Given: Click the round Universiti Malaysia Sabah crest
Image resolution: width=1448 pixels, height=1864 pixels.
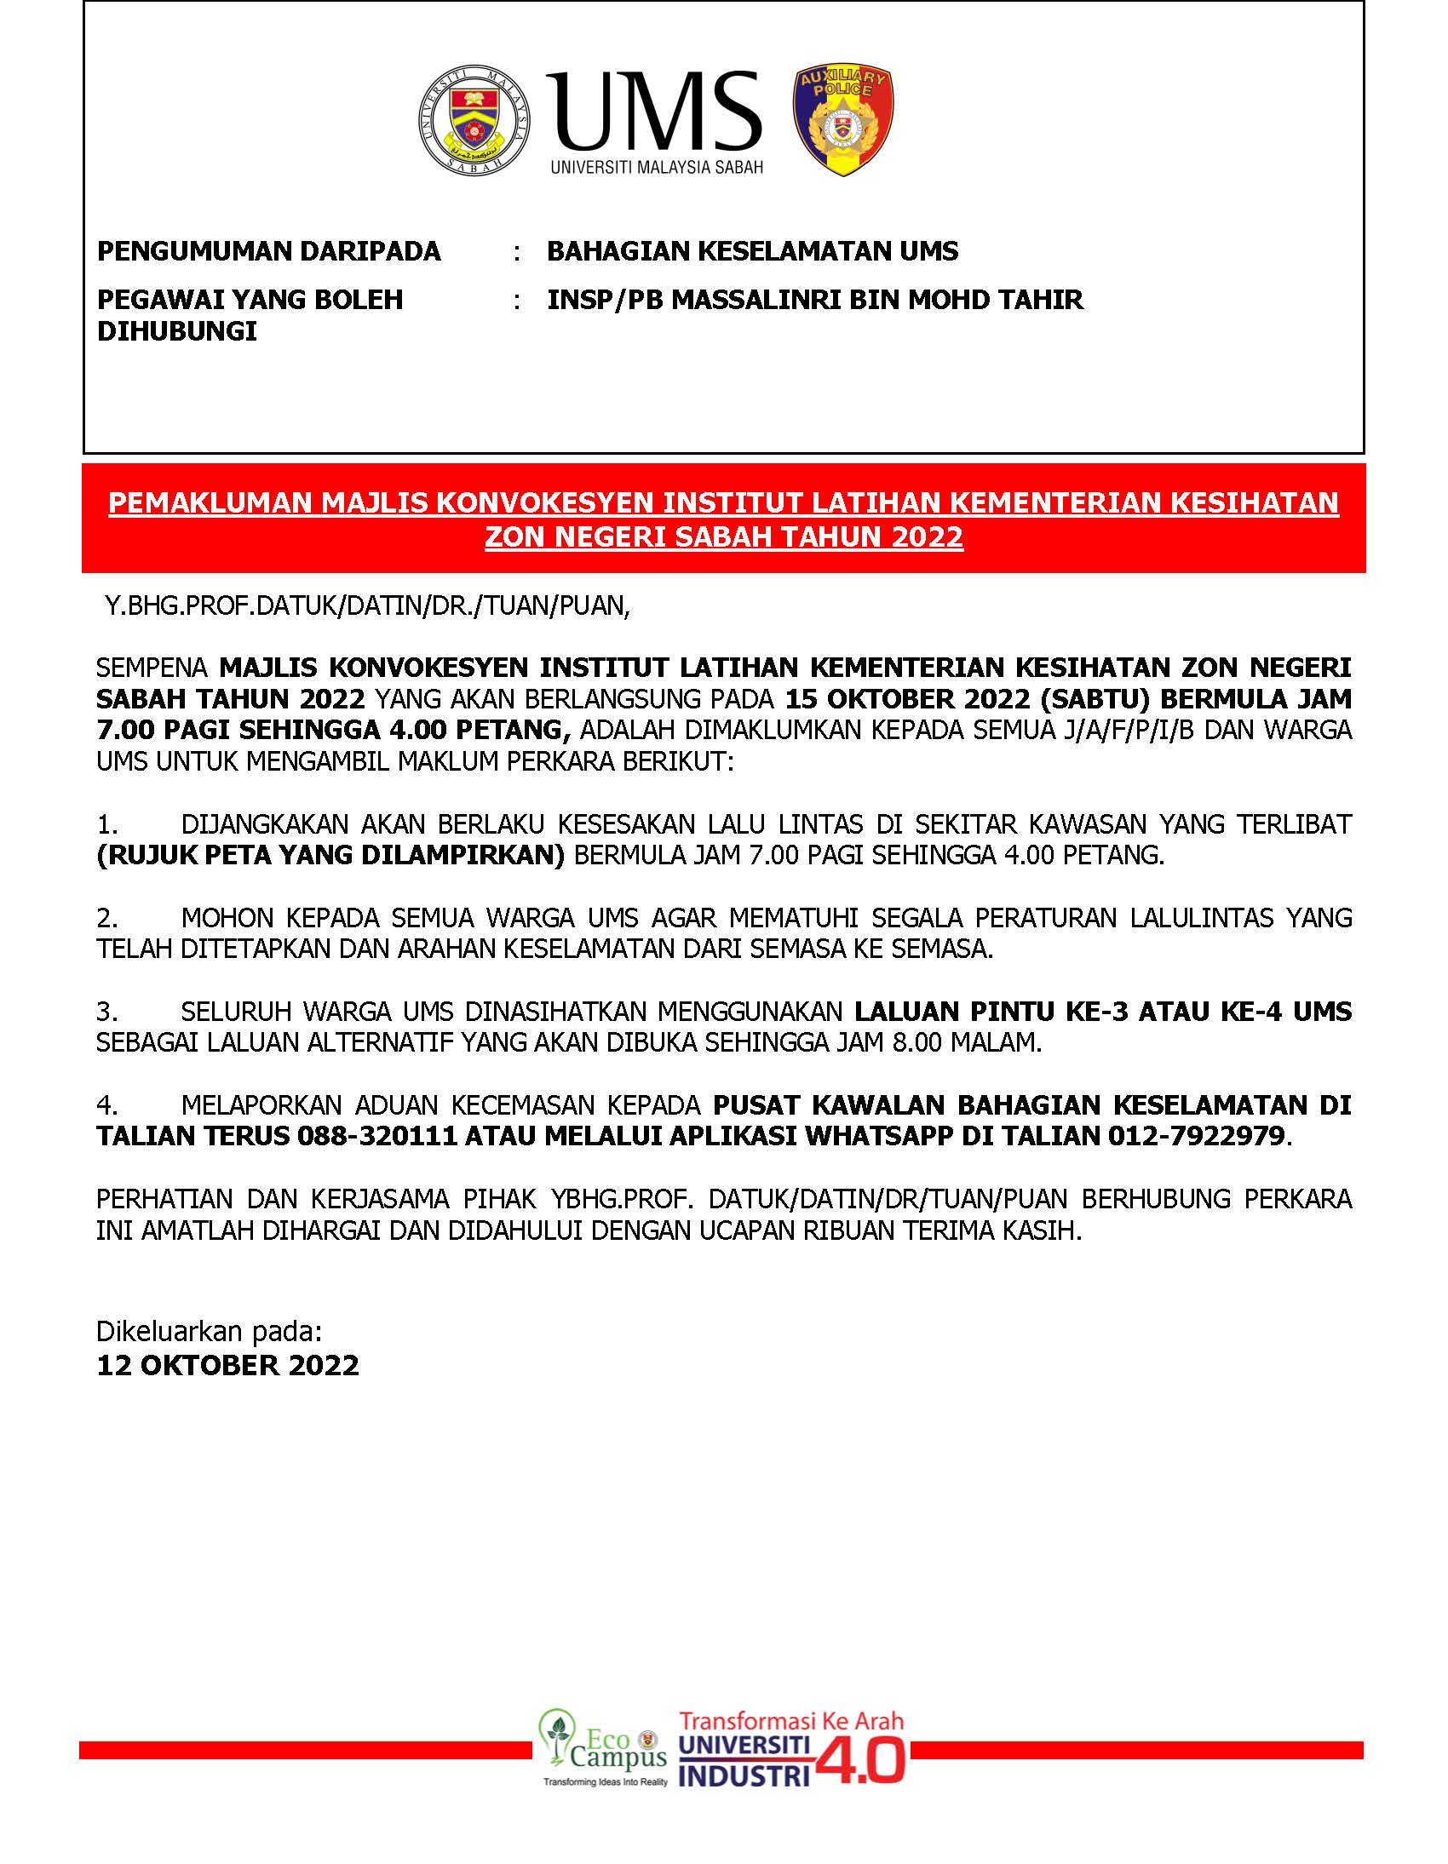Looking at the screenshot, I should point(474,121).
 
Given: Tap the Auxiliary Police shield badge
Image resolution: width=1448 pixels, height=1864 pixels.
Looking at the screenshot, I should point(842,121).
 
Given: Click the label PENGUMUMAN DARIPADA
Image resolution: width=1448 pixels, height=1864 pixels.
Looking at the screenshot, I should point(269,251).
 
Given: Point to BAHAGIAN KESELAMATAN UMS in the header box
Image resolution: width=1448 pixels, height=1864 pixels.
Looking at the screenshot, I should point(752,251).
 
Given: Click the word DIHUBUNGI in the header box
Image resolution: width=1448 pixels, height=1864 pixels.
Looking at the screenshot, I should point(176,331).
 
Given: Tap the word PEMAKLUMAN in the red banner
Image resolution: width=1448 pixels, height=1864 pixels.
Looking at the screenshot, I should point(211,502).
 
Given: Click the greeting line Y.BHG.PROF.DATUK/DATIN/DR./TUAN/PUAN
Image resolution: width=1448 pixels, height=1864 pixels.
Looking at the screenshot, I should point(367,605).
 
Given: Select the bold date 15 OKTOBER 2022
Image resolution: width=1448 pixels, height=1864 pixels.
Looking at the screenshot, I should point(908,698).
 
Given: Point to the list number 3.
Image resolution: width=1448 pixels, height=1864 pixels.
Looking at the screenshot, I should point(106,1012).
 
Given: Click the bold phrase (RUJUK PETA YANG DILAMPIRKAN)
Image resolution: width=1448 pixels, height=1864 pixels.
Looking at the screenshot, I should point(330,855).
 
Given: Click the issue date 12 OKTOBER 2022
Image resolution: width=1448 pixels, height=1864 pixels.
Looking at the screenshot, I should point(228,1365).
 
